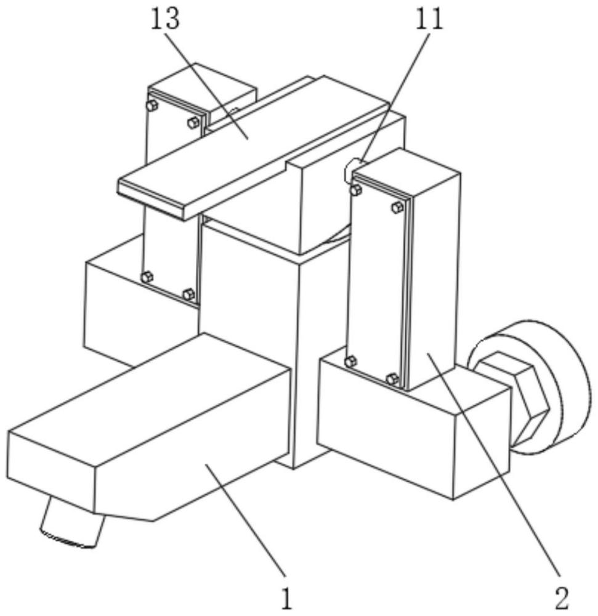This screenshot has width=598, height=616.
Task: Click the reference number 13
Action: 165,20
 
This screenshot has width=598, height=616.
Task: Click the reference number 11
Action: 430,20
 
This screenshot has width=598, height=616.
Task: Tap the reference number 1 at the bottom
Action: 285,596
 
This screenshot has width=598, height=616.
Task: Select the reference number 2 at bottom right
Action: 561,596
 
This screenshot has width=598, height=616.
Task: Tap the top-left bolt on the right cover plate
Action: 355,190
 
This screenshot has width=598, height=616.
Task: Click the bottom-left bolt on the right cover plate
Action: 350,362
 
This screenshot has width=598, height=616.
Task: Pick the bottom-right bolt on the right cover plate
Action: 392,379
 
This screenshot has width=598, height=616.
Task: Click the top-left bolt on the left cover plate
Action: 152,105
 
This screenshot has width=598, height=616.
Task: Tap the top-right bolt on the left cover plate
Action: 192,122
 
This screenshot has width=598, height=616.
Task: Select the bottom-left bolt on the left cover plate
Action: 147,277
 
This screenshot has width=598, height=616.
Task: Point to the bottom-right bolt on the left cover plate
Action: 188,294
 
